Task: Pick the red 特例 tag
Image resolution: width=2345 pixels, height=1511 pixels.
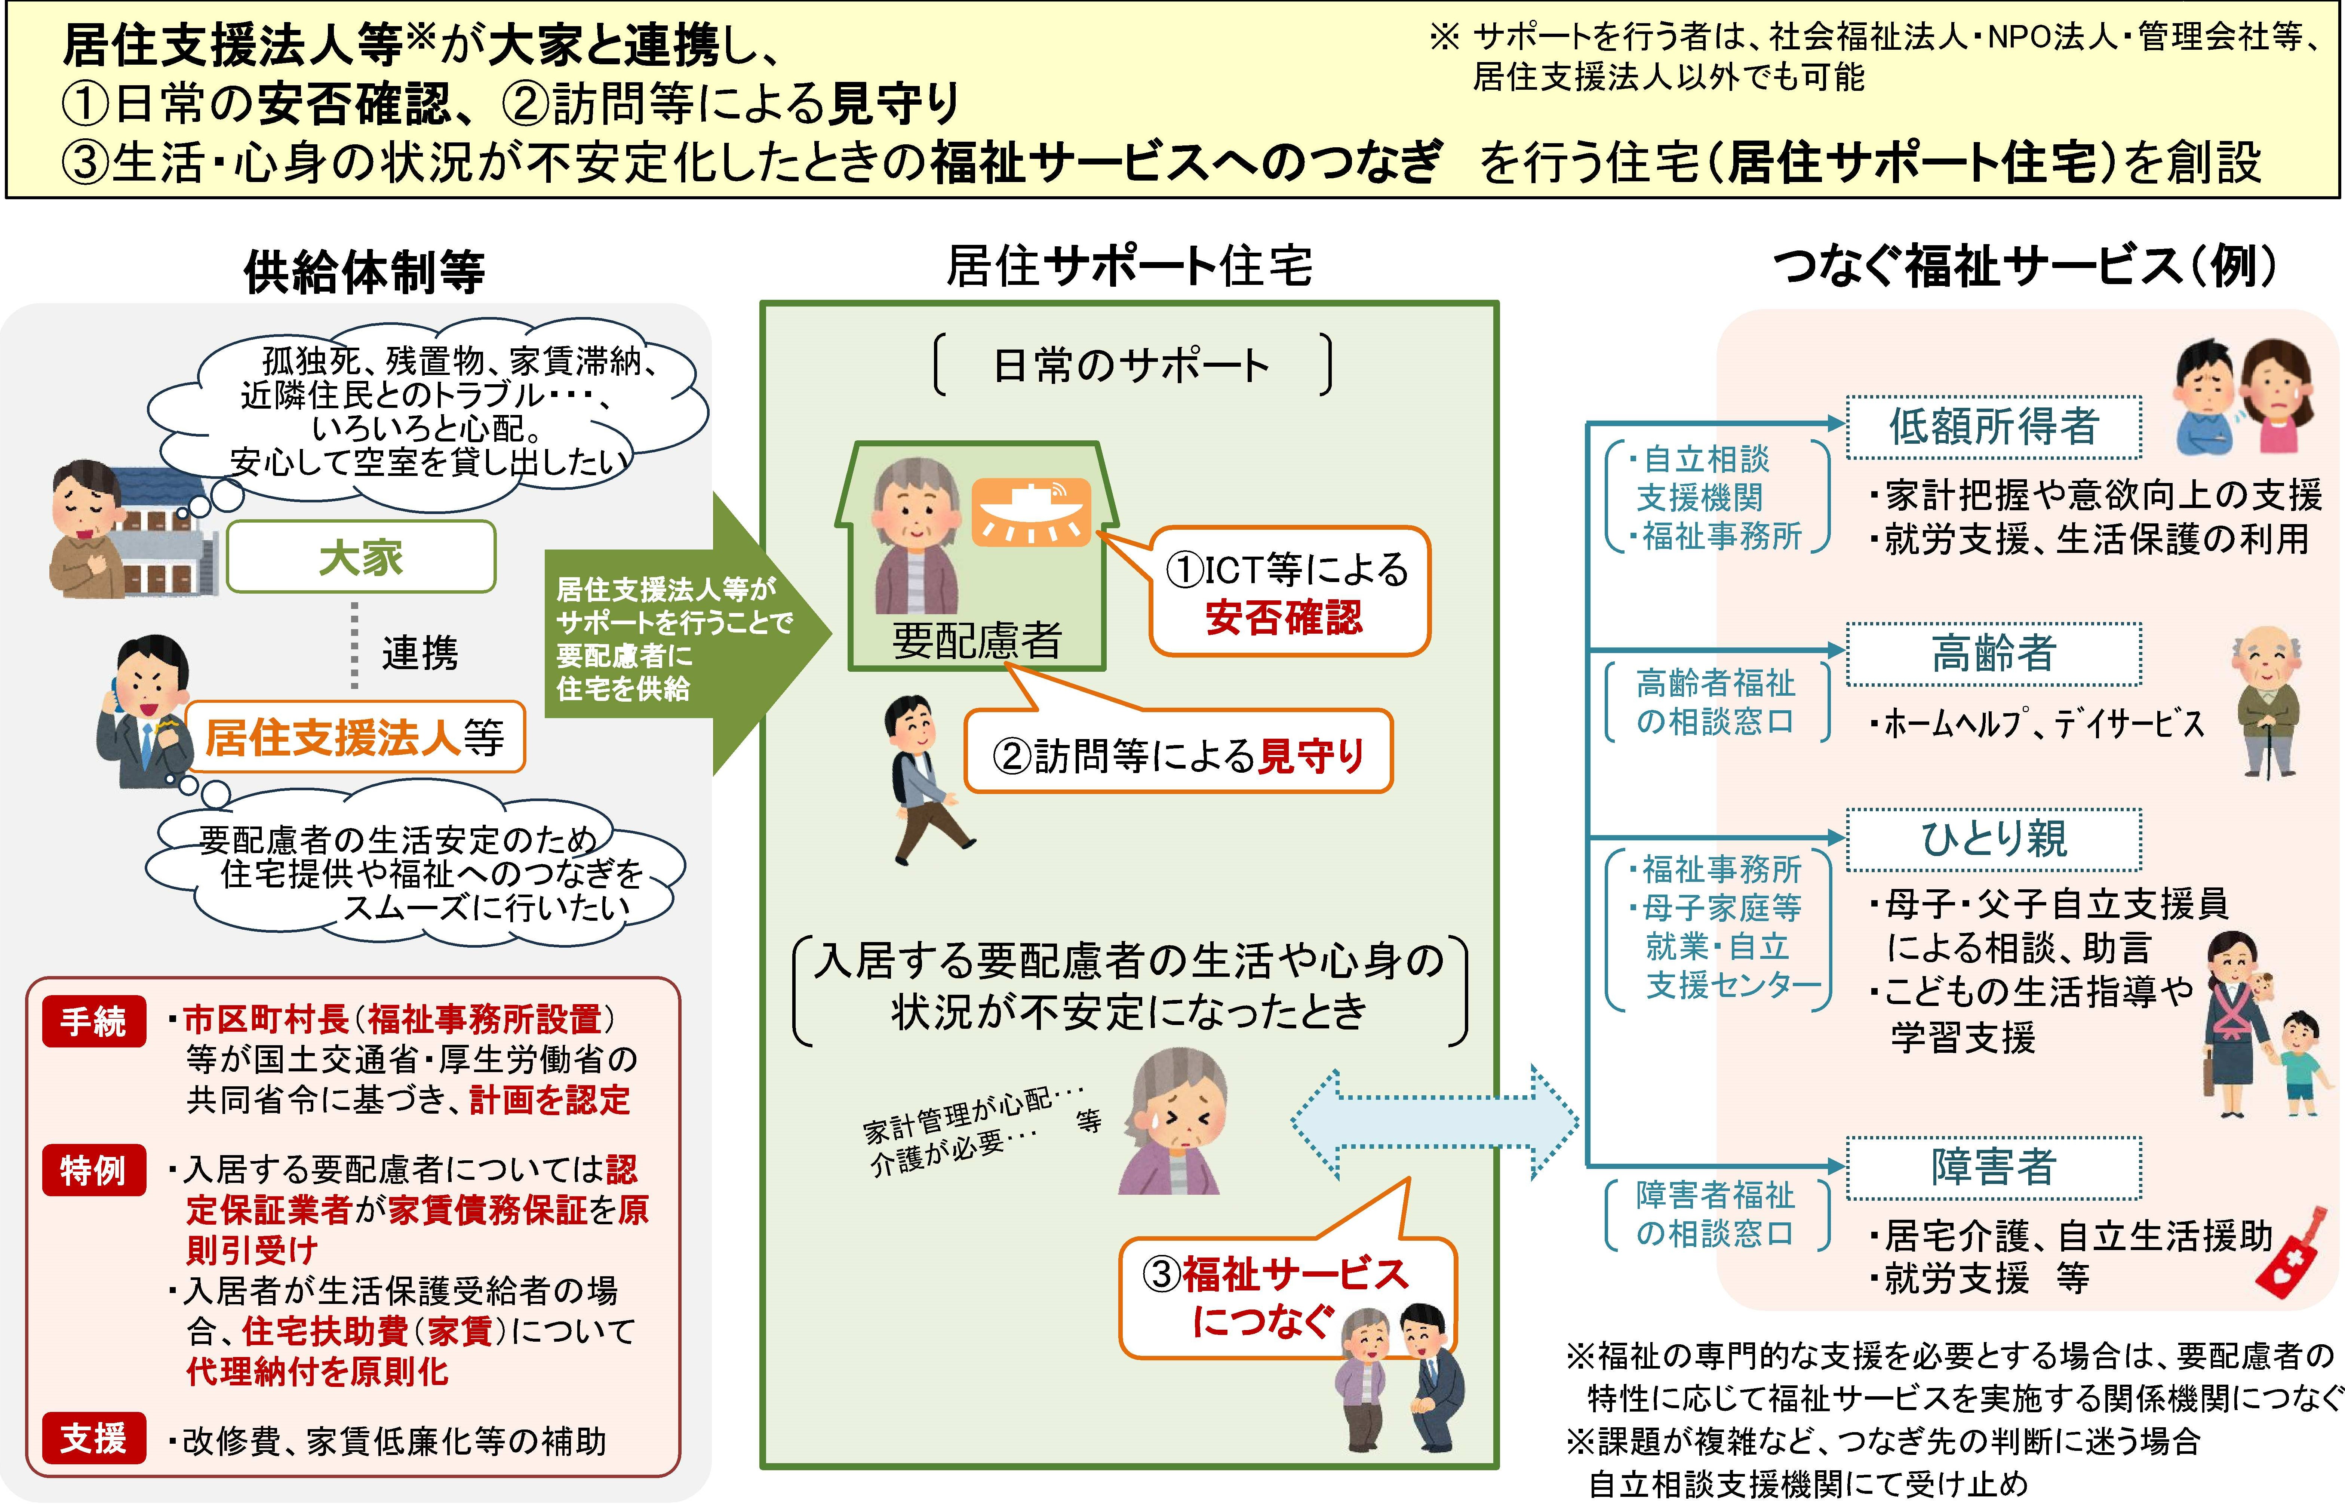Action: (93, 1170)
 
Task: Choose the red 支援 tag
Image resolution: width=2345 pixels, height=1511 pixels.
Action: (93, 1438)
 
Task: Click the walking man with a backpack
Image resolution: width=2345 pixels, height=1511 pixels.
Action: (922, 780)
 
